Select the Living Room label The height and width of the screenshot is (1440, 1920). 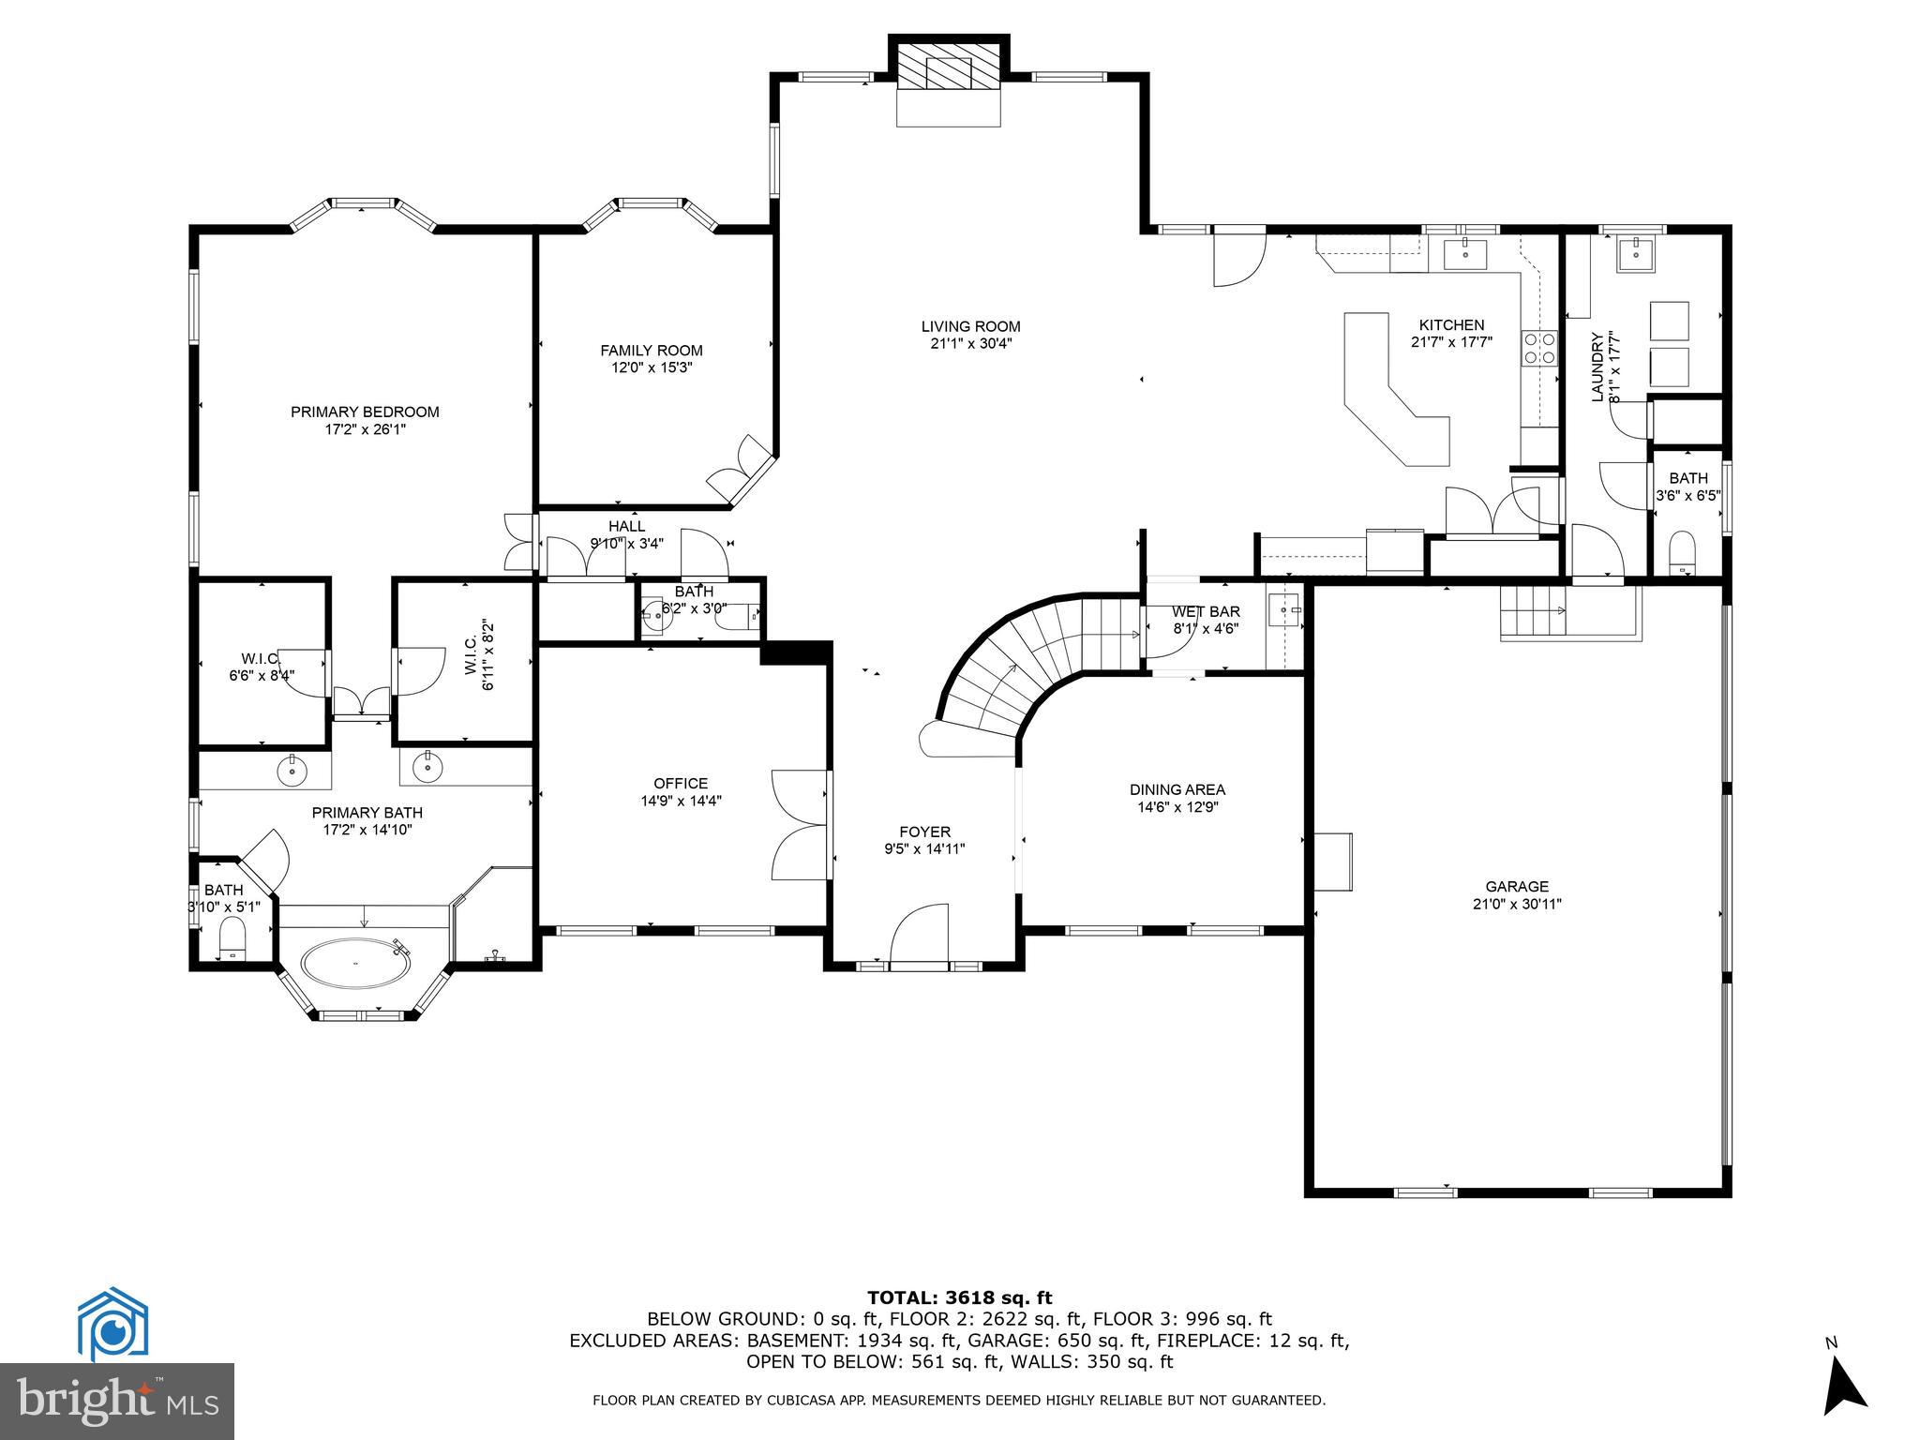pyautogui.click(x=970, y=326)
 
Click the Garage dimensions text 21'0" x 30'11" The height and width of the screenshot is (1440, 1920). pyautogui.click(x=1516, y=905)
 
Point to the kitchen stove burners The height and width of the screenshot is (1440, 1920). pyautogui.click(x=1538, y=347)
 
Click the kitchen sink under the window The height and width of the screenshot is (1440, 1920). pyautogui.click(x=1463, y=253)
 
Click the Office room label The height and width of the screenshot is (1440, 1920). pyautogui.click(x=681, y=784)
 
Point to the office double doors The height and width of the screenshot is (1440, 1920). pyautogui.click(x=799, y=825)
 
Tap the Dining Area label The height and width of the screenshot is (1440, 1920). pyautogui.click(x=1177, y=790)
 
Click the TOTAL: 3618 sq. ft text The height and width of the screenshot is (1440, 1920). pyautogui.click(x=959, y=1298)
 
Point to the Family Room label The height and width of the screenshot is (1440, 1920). pyautogui.click(x=651, y=351)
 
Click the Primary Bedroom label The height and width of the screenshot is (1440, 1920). pyautogui.click(x=365, y=412)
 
